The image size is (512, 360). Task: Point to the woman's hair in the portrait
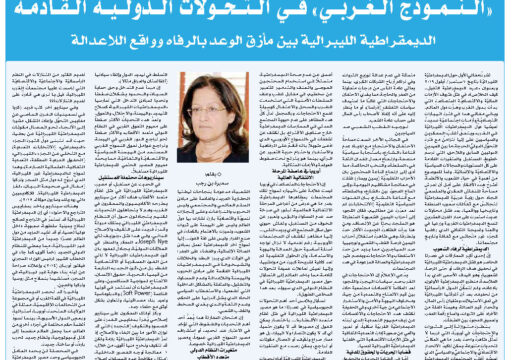click(x=216, y=90)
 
